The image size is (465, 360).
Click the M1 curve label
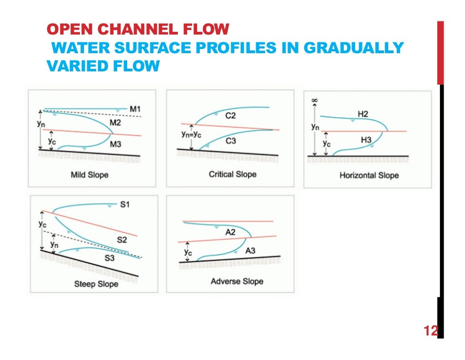136,109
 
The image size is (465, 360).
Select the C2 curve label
231,116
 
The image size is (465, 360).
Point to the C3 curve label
231,141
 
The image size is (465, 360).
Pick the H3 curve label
366,140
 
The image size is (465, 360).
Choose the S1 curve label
125,205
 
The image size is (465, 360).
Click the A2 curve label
231,232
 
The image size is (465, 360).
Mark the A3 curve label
251,250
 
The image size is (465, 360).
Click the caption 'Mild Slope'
89,175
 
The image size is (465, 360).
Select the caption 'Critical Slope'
232,174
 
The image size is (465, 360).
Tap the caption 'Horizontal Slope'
369,175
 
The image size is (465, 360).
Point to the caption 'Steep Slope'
96,284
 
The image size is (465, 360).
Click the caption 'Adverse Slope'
237,281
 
